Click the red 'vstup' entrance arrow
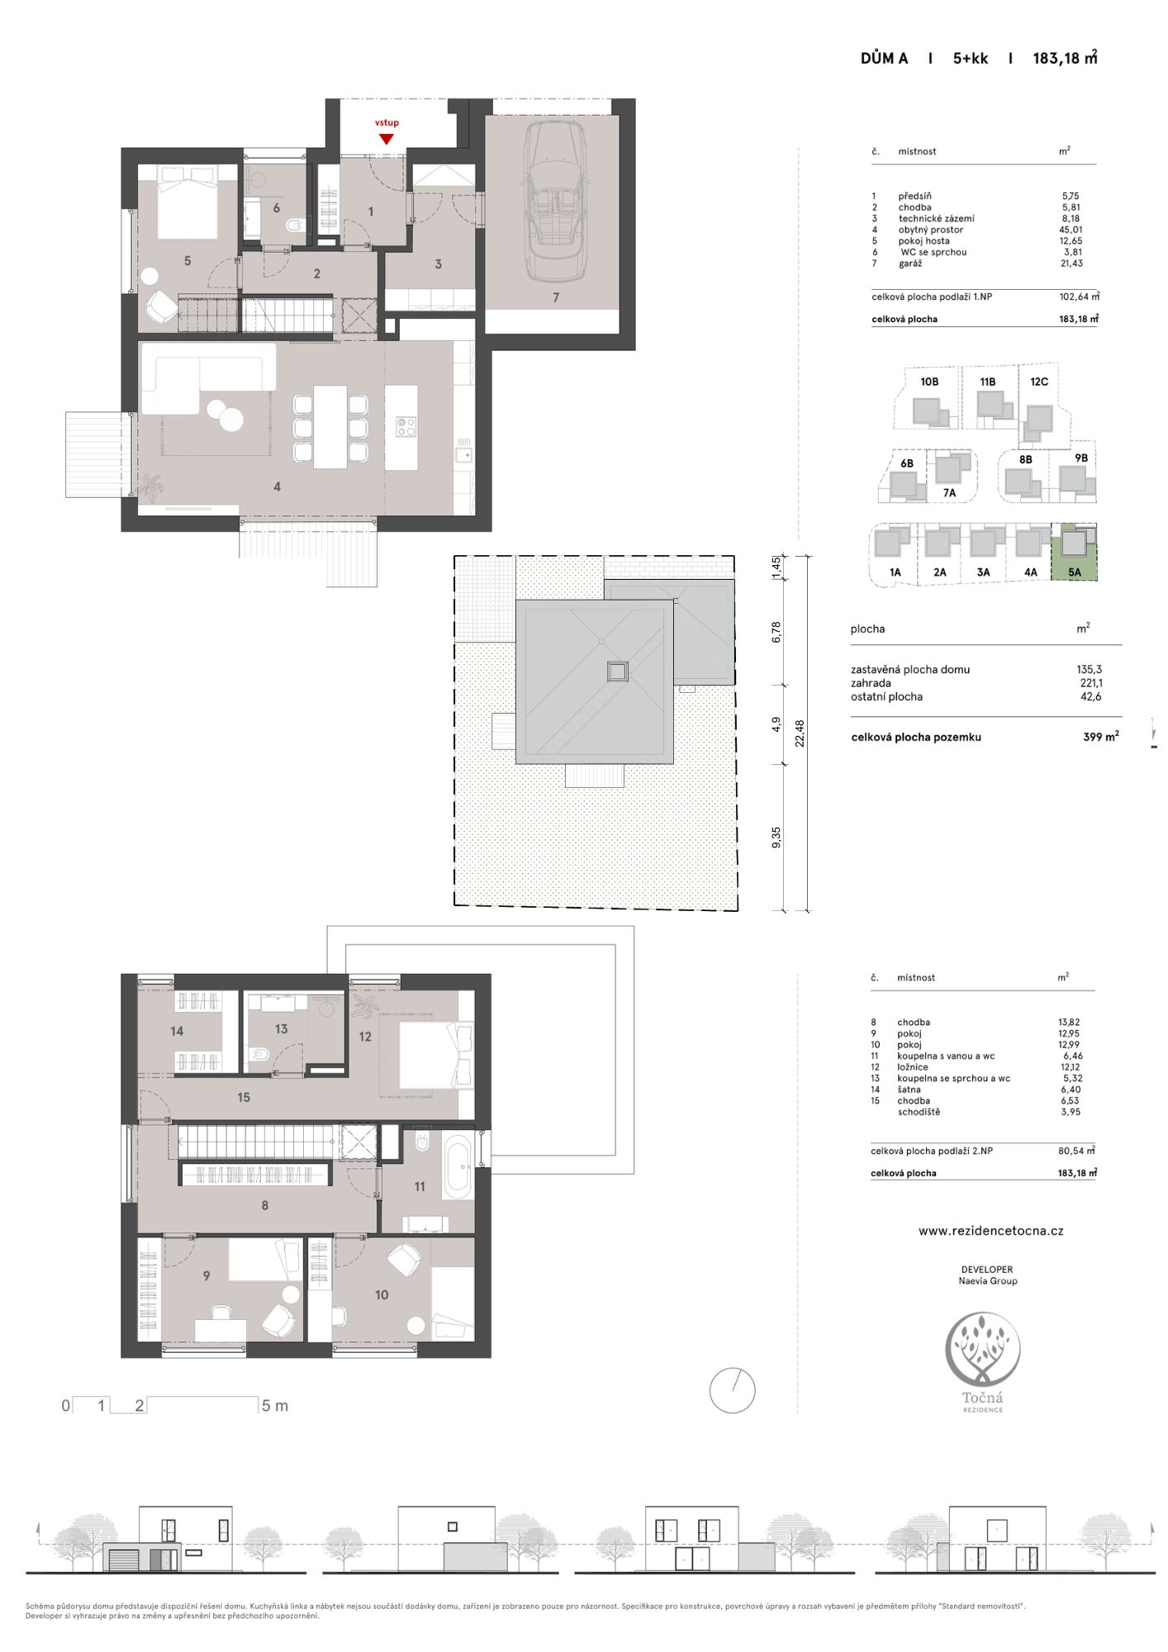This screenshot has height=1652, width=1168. click(x=386, y=140)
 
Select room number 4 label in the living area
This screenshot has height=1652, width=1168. click(x=277, y=487)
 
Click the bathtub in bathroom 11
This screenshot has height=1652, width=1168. click(x=458, y=1166)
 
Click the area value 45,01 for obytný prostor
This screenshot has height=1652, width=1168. click(x=1071, y=230)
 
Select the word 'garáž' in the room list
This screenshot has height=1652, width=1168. click(x=910, y=263)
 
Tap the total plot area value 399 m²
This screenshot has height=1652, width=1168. click(x=1100, y=737)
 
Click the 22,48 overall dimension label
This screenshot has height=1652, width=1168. click(x=800, y=733)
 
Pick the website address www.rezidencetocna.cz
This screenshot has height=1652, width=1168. click(x=990, y=1231)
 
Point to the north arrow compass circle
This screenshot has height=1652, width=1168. click(x=732, y=1390)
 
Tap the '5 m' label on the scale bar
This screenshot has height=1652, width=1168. click(x=275, y=1406)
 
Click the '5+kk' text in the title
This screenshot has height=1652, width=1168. click(x=971, y=58)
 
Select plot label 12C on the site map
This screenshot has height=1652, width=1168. click(x=1039, y=382)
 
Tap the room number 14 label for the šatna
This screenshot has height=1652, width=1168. click(x=177, y=1031)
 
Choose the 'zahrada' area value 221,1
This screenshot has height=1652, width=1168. click(x=1090, y=683)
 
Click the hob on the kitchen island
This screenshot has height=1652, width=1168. click(x=406, y=426)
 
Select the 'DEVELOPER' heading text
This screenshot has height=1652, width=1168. click(x=987, y=1270)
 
